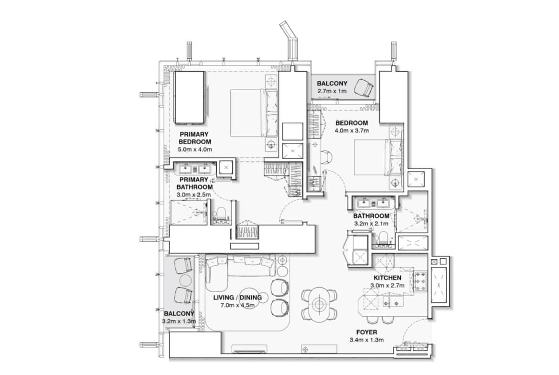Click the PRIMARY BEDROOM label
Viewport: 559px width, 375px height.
click(x=194, y=138)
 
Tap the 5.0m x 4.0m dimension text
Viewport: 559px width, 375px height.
click(x=194, y=150)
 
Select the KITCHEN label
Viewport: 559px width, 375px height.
click(x=387, y=278)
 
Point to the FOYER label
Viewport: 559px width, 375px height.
click(x=366, y=332)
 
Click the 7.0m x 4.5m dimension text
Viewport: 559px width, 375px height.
click(x=237, y=305)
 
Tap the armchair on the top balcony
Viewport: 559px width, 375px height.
click(x=364, y=88)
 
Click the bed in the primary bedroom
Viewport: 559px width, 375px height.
click(x=254, y=113)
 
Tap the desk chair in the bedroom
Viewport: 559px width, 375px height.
click(x=326, y=157)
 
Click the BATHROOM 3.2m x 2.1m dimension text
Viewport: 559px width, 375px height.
click(x=371, y=224)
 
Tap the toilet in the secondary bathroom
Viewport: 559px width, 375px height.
click(x=383, y=238)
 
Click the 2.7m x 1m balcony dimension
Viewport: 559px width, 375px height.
click(x=332, y=91)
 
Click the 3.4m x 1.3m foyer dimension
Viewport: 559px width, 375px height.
click(x=367, y=340)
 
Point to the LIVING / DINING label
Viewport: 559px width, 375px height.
click(x=237, y=298)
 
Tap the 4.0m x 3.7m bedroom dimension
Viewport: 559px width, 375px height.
click(x=352, y=131)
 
